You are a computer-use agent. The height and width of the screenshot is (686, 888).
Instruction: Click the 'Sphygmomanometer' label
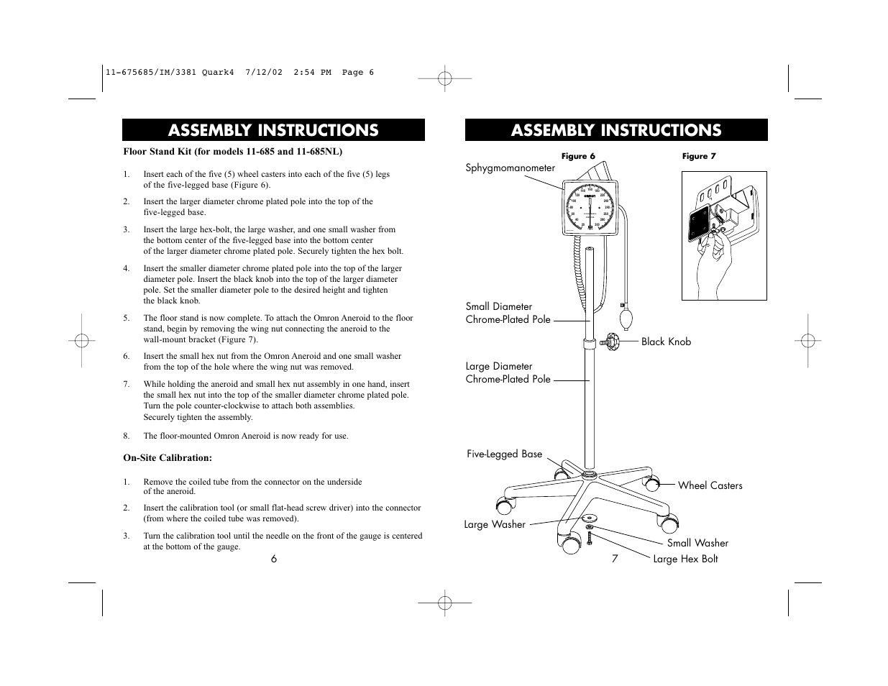(x=511, y=168)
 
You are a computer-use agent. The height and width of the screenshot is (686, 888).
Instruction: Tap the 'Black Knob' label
(x=666, y=342)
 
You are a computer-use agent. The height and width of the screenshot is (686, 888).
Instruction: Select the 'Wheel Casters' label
(x=710, y=486)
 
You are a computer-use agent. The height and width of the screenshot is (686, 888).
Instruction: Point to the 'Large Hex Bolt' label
(x=685, y=559)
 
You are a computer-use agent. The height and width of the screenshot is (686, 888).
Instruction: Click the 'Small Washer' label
(x=697, y=544)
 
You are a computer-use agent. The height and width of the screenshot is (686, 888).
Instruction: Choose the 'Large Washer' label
(x=495, y=525)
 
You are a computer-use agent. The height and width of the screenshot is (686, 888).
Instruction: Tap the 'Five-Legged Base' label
(x=504, y=454)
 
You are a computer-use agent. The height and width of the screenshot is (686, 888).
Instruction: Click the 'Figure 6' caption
(x=578, y=156)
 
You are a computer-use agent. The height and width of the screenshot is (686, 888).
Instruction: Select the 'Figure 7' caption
(x=699, y=156)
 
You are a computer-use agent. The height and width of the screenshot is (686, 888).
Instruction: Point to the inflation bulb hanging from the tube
(x=624, y=317)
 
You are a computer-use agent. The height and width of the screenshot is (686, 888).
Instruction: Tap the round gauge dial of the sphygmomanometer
(x=589, y=209)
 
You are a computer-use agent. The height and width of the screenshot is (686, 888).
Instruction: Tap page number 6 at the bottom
(x=274, y=559)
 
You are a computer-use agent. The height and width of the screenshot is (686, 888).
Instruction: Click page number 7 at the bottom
(x=615, y=559)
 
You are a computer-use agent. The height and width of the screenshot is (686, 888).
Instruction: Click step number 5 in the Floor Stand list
(x=127, y=318)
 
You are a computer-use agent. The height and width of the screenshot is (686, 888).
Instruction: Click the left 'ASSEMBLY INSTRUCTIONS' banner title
(x=273, y=130)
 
